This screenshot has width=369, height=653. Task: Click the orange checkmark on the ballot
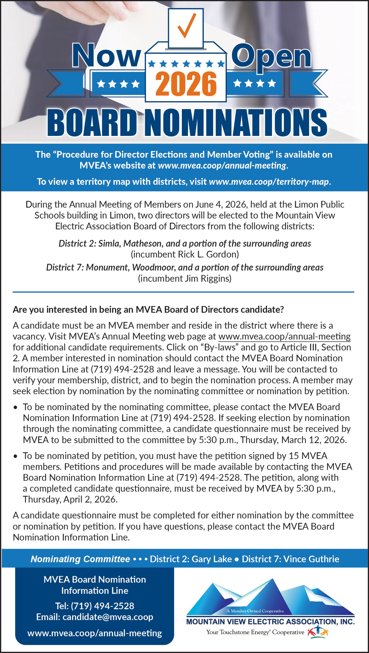(186, 26)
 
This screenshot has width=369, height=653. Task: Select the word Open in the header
(271, 56)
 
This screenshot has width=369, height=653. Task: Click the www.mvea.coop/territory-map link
(269, 182)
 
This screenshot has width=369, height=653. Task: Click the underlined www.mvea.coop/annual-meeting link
(284, 337)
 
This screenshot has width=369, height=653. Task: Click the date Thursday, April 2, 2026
(70, 500)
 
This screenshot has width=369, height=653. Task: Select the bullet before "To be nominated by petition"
(15, 456)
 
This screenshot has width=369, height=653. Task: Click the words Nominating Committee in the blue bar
(80, 559)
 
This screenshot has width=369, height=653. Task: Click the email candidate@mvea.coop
(108, 617)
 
